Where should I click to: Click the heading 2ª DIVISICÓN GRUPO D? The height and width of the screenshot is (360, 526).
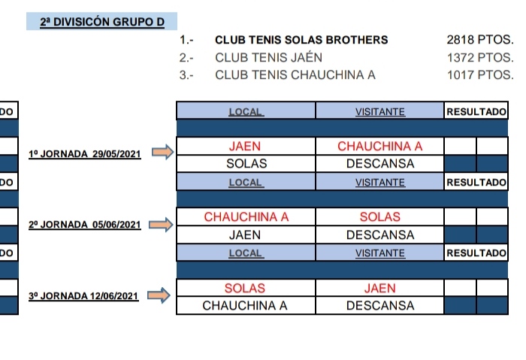pyautogui.click(x=102, y=23)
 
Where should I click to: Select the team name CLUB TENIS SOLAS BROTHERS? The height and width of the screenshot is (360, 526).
pyautogui.click(x=301, y=40)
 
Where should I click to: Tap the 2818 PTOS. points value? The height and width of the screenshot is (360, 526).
pyautogui.click(x=479, y=40)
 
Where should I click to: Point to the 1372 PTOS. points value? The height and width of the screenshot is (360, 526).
pyautogui.click(x=479, y=57)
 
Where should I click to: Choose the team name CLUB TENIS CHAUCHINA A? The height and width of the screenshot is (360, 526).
pyautogui.click(x=295, y=74)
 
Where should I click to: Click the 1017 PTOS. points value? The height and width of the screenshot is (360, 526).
pyautogui.click(x=479, y=74)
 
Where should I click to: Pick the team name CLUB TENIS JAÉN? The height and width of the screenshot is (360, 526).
pyautogui.click(x=268, y=57)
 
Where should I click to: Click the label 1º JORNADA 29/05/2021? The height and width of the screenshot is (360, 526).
pyautogui.click(x=84, y=153)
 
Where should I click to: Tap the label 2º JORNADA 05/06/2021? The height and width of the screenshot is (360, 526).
pyautogui.click(x=84, y=225)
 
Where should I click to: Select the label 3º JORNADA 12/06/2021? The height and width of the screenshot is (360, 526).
pyautogui.click(x=84, y=296)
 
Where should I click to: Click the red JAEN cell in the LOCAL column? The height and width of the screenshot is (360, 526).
pyautogui.click(x=245, y=146)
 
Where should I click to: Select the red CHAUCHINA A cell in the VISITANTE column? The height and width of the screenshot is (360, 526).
pyautogui.click(x=380, y=146)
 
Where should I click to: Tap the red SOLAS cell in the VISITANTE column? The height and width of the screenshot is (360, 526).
pyautogui.click(x=380, y=217)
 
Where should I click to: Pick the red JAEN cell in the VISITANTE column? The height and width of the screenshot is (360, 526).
pyautogui.click(x=380, y=288)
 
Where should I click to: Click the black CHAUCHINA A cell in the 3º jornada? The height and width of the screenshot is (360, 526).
pyautogui.click(x=245, y=306)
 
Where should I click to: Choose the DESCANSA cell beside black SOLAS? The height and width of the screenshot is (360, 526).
pyautogui.click(x=380, y=163)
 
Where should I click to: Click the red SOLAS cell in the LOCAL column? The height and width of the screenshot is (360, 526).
pyautogui.click(x=245, y=288)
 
